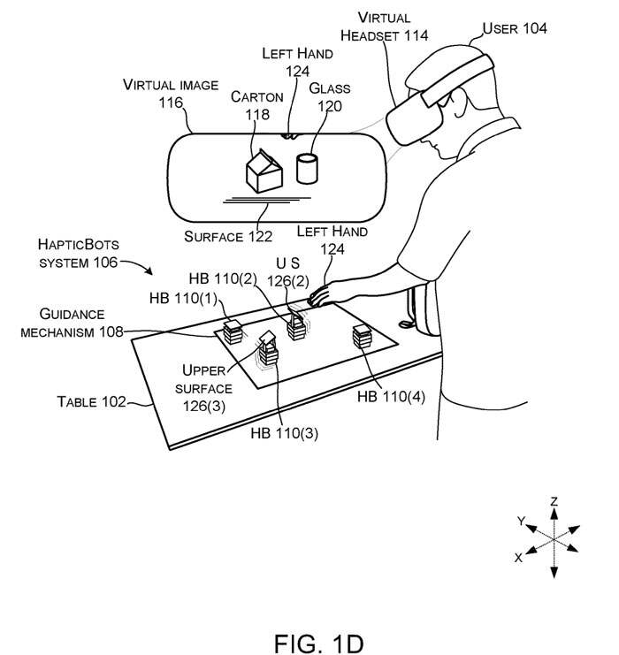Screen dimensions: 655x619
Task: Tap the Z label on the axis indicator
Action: pos(554,501)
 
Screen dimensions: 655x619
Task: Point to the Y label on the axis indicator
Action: pos(522,522)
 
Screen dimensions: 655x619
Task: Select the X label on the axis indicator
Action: pos(518,558)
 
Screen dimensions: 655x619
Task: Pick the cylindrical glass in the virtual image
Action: pos(307,167)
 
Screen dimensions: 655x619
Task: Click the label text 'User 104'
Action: pos(515,28)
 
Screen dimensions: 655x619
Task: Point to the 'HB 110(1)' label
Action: pos(180,293)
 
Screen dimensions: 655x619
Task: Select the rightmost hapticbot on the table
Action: pos(362,336)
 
